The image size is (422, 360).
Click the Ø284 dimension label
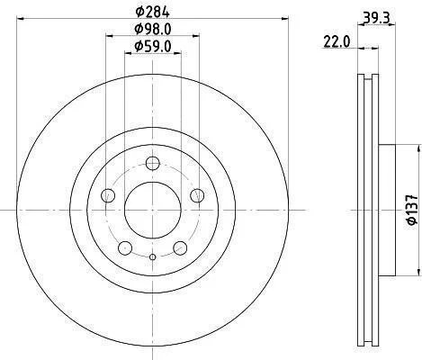(x=153, y=12)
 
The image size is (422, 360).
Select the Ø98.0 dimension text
(x=153, y=30)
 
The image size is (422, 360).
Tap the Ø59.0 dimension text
(x=153, y=47)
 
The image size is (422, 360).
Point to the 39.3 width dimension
(x=376, y=19)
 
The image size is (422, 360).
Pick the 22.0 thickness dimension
(x=337, y=41)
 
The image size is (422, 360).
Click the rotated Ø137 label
(x=412, y=210)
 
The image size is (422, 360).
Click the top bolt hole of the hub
(x=153, y=164)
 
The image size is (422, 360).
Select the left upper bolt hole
(x=108, y=195)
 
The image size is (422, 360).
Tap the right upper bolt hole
(x=197, y=195)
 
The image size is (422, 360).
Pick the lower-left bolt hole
(x=125, y=247)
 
